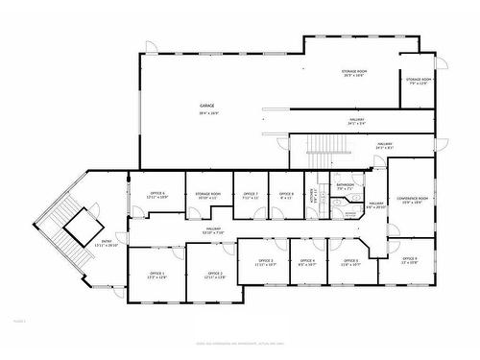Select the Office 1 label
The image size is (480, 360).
pyautogui.click(x=156, y=274)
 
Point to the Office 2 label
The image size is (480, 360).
pyautogui.click(x=215, y=274)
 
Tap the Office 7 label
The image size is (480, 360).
pyautogui.click(x=250, y=194)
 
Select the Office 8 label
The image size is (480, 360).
pyautogui.click(x=286, y=194)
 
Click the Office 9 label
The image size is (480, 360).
pyautogui.click(x=409, y=259)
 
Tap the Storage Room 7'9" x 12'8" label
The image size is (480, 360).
pyautogui.click(x=419, y=81)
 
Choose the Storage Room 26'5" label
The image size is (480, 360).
pyautogui.click(x=354, y=72)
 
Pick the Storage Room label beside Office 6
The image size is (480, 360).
pyautogui.click(x=208, y=194)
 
